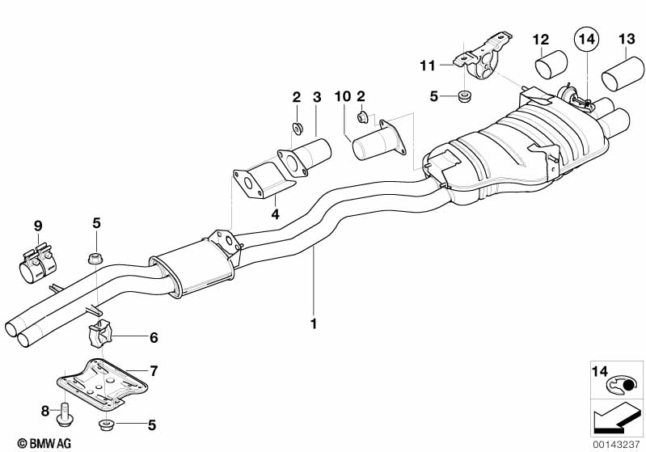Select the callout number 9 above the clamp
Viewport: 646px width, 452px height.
click(37, 226)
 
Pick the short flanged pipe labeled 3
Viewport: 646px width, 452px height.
click(307, 155)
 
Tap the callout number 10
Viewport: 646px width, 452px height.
click(343, 97)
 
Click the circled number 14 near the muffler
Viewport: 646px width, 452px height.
click(585, 37)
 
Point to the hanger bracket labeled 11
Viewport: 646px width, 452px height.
click(483, 58)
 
